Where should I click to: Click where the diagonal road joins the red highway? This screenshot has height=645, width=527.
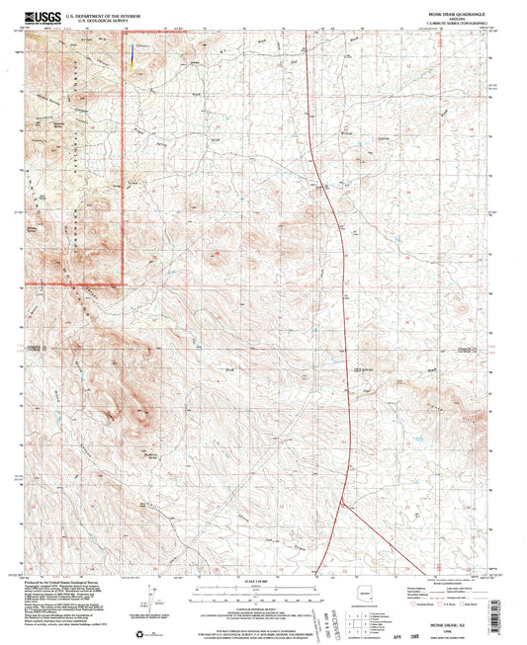point(342,502)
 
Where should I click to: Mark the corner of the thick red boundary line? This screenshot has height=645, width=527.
point(123,283)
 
